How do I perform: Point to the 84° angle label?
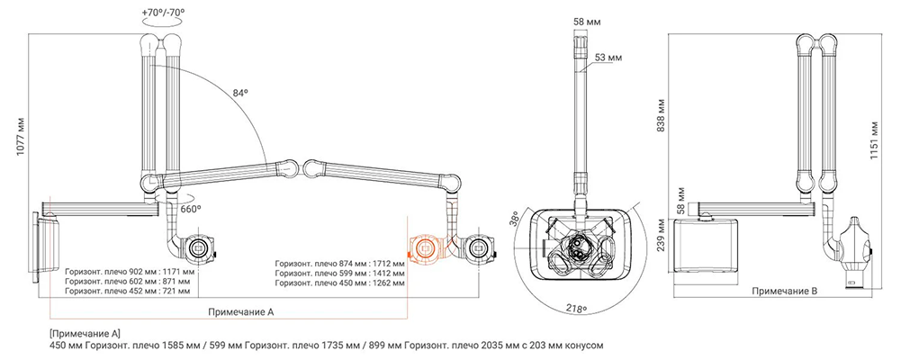(240, 93)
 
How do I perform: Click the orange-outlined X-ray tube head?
(425, 248)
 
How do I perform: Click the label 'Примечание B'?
(784, 292)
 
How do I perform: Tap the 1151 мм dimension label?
(874, 140)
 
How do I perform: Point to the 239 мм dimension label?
(662, 236)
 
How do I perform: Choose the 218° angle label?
(576, 309)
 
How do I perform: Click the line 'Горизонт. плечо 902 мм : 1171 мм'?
(130, 270)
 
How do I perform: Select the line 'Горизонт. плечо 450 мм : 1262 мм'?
(339, 283)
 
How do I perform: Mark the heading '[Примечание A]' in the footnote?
(86, 334)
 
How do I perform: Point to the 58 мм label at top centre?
(587, 22)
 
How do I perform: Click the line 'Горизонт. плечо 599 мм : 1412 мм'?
(339, 274)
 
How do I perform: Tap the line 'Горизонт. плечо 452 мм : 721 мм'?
(127, 291)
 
